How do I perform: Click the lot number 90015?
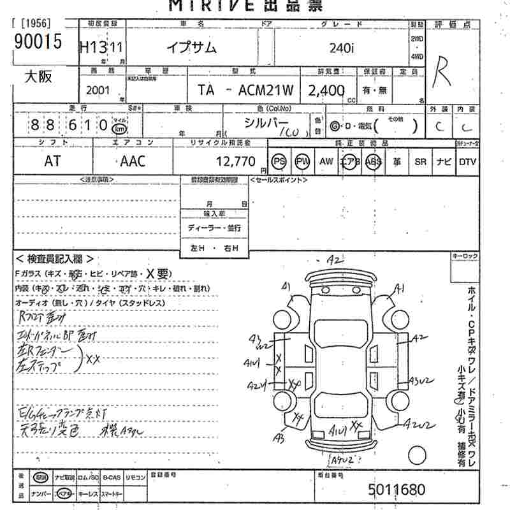[x=38, y=42]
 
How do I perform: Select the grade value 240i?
[x=344, y=47]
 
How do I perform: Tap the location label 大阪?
[x=38, y=78]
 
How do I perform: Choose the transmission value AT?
[x=53, y=161]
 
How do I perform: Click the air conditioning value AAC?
[x=133, y=161]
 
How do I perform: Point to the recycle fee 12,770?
[x=237, y=161]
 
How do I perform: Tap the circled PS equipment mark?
[x=279, y=161]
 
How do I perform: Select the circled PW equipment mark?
[x=302, y=161]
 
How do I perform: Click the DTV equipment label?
[x=467, y=161]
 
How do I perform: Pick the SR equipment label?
[x=420, y=161]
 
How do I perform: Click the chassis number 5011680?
[x=396, y=490]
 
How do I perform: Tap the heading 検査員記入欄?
[x=55, y=259]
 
